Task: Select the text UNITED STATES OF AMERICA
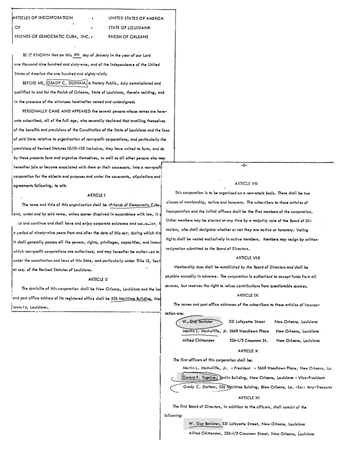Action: (x=136, y=18)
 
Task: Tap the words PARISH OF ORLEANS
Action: (x=128, y=36)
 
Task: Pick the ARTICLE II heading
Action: (x=99, y=279)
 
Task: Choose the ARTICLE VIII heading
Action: (x=247, y=258)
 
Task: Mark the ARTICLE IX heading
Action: (x=247, y=295)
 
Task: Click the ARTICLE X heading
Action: (x=247, y=351)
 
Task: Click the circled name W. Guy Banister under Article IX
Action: (x=197, y=322)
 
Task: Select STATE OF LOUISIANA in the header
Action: (x=129, y=27)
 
